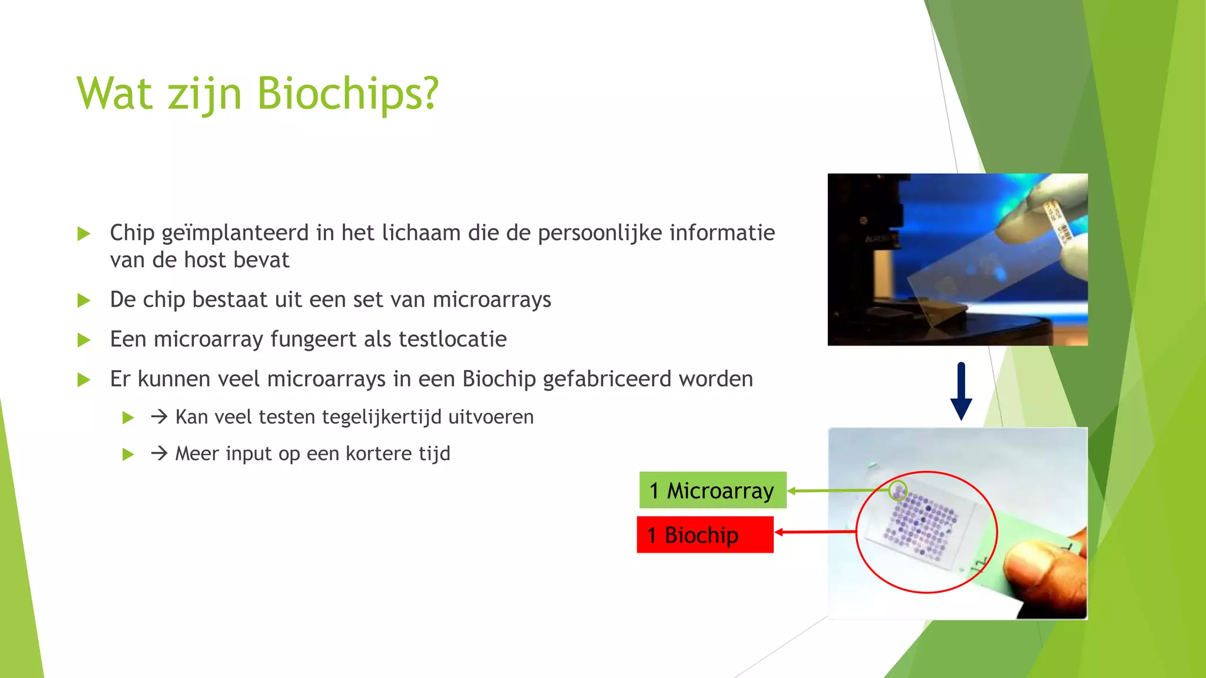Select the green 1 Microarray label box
[713, 490]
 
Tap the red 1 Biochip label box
[705, 535]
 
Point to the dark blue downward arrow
[961, 391]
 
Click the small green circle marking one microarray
[897, 490]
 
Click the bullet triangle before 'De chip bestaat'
[84, 301]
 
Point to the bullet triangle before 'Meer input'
[128, 454]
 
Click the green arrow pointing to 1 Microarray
[836, 490]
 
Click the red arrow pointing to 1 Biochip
[816, 532]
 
